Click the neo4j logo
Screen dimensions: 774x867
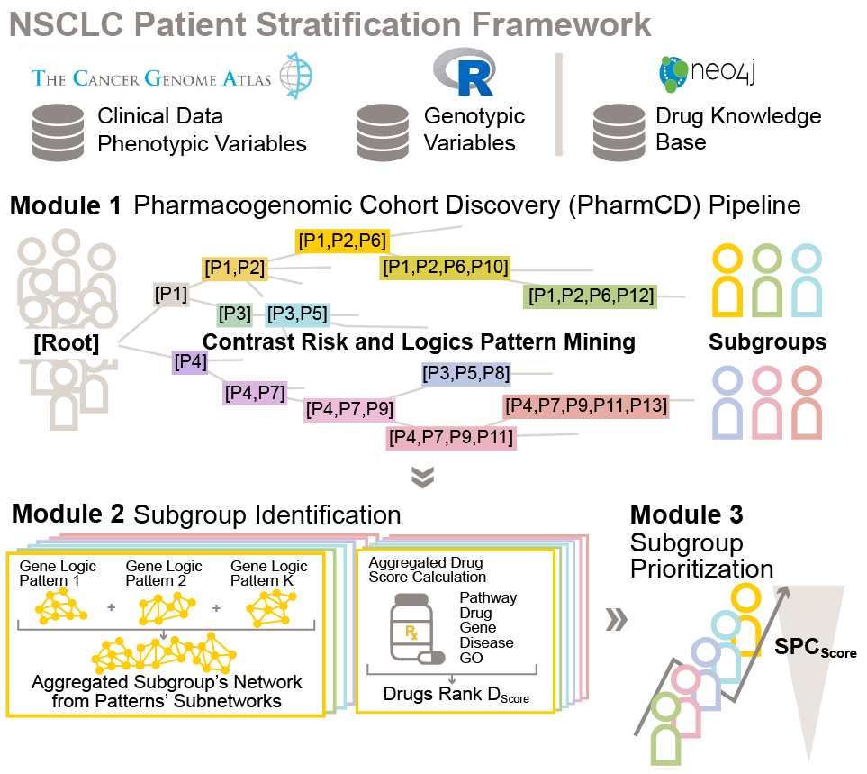click(707, 73)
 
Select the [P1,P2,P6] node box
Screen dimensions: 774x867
click(342, 241)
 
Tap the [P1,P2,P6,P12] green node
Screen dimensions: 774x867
click(591, 295)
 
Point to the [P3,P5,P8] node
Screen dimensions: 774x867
click(465, 373)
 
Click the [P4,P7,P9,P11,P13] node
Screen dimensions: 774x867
click(586, 406)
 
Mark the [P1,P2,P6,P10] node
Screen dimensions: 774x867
click(447, 267)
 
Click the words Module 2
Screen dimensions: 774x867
click(68, 514)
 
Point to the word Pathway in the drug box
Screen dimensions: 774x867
click(488, 597)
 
